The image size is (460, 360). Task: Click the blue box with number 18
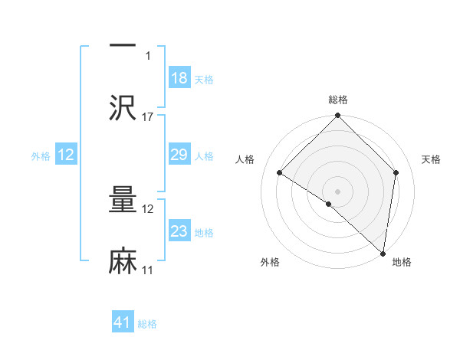pos(179,78)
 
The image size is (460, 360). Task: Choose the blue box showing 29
pos(179,155)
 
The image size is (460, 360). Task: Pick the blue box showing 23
pos(179,231)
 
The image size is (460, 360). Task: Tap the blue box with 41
pos(123,322)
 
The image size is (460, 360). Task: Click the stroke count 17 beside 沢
pos(148,116)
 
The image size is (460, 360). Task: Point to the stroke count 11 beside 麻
pos(148,270)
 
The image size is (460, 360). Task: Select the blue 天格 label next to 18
pos(204,79)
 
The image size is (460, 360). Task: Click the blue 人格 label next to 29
pos(204,155)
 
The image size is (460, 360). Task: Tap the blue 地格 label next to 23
pos(204,232)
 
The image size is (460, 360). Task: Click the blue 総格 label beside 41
pos(147,323)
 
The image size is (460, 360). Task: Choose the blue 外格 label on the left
pos(41,155)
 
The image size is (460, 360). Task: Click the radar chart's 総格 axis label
pos(338,100)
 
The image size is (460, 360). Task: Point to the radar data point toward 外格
pos(329,204)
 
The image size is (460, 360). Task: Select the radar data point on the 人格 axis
pos(280,172)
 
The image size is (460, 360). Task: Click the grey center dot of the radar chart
pos(338,191)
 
